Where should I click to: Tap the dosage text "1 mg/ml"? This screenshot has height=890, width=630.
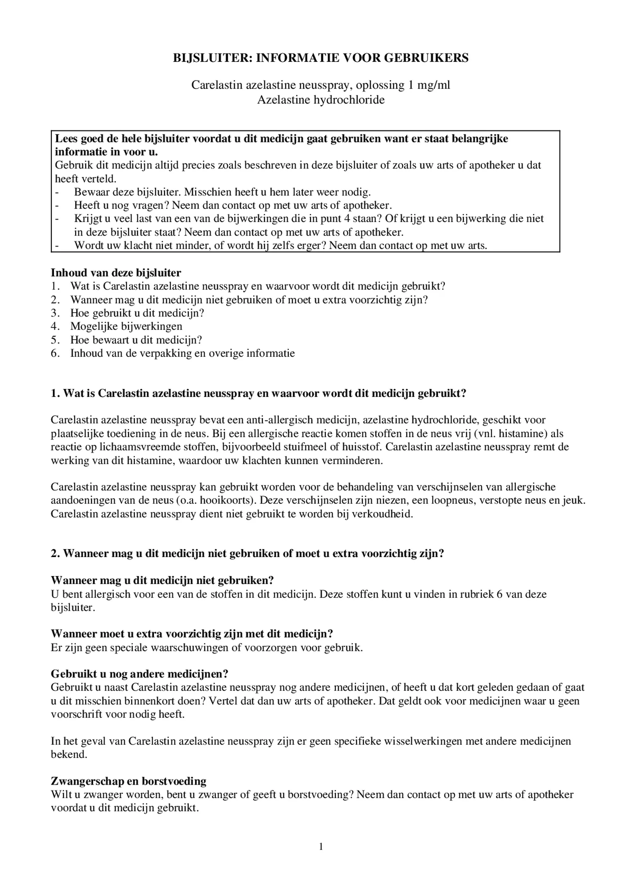pos(429,85)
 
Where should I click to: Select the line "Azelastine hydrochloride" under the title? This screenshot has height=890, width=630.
pos(321,100)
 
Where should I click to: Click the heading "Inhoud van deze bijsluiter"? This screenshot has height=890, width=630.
pos(116,273)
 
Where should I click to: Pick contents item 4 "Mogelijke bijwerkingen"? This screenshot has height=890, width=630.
pos(126,326)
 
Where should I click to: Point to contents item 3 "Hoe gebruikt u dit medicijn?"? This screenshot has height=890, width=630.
pos(137,313)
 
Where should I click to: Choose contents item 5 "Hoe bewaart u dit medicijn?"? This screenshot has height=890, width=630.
pos(136,340)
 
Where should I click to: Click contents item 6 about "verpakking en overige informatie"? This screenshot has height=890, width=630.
pos(182,353)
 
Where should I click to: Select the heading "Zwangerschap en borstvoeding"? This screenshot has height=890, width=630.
pos(129,781)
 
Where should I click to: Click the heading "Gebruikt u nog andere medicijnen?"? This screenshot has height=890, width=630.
pos(140,673)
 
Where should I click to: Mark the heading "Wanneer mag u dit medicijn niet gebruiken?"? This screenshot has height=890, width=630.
pos(162,580)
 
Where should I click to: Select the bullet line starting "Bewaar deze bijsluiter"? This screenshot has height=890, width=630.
pos(222,192)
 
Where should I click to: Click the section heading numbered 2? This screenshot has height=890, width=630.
pos(248,553)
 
